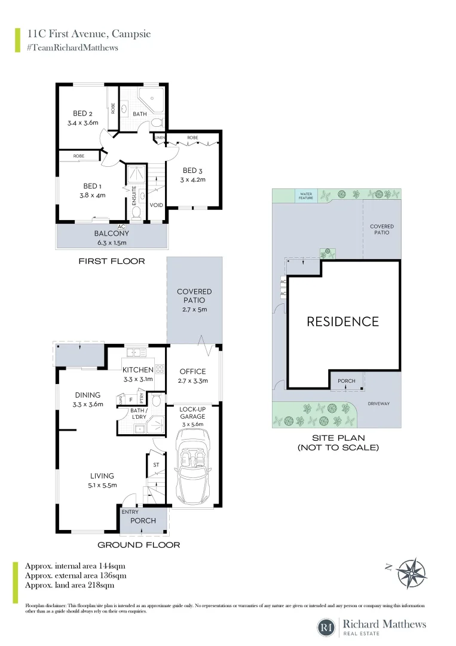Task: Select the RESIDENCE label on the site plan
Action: pos(342,322)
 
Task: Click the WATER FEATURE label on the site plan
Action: pos(305,195)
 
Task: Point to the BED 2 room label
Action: pos(82,114)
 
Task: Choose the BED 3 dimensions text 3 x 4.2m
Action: pos(194,179)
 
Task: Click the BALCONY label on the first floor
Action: pos(111,234)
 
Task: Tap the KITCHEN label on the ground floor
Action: pos(138,370)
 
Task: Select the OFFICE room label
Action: pos(192,371)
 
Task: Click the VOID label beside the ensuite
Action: pos(156,205)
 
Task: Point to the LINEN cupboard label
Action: pos(159,138)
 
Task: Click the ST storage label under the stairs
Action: pos(156,464)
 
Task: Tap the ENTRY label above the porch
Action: pos(130,512)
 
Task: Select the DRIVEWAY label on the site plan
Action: pos(379,404)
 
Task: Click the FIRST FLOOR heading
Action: pos(112,261)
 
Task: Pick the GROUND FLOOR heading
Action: pos(139,545)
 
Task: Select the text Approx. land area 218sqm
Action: pos(69,585)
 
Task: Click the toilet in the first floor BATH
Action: pos(157,123)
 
